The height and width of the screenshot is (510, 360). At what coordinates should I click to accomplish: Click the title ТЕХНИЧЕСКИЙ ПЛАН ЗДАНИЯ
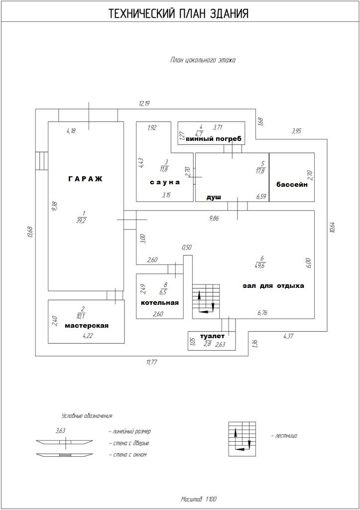tap(179, 14)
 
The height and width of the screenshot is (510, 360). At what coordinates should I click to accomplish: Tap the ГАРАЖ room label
tap(85, 179)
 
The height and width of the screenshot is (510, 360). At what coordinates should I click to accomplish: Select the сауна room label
tap(165, 182)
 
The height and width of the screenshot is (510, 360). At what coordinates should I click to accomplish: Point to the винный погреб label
tap(213, 139)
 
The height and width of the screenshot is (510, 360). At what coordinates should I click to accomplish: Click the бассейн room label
tap(292, 184)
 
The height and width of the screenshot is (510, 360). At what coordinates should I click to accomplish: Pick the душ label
tap(214, 197)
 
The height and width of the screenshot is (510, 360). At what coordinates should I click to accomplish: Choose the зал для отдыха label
tap(273, 286)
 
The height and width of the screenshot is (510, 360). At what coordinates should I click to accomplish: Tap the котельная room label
tap(159, 303)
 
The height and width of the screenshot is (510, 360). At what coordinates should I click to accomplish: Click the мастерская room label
tap(87, 326)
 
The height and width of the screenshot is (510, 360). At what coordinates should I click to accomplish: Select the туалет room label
tap(212, 336)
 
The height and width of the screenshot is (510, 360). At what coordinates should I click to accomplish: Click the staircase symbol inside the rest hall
tap(205, 300)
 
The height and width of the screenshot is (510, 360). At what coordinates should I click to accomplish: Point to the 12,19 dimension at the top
tap(144, 104)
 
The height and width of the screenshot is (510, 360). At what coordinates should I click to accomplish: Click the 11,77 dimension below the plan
tap(152, 363)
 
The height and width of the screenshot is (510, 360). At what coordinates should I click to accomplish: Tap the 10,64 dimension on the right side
tap(333, 227)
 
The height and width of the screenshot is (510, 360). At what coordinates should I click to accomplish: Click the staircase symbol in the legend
tap(243, 439)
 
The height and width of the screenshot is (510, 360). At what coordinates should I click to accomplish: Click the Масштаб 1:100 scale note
tap(199, 499)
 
